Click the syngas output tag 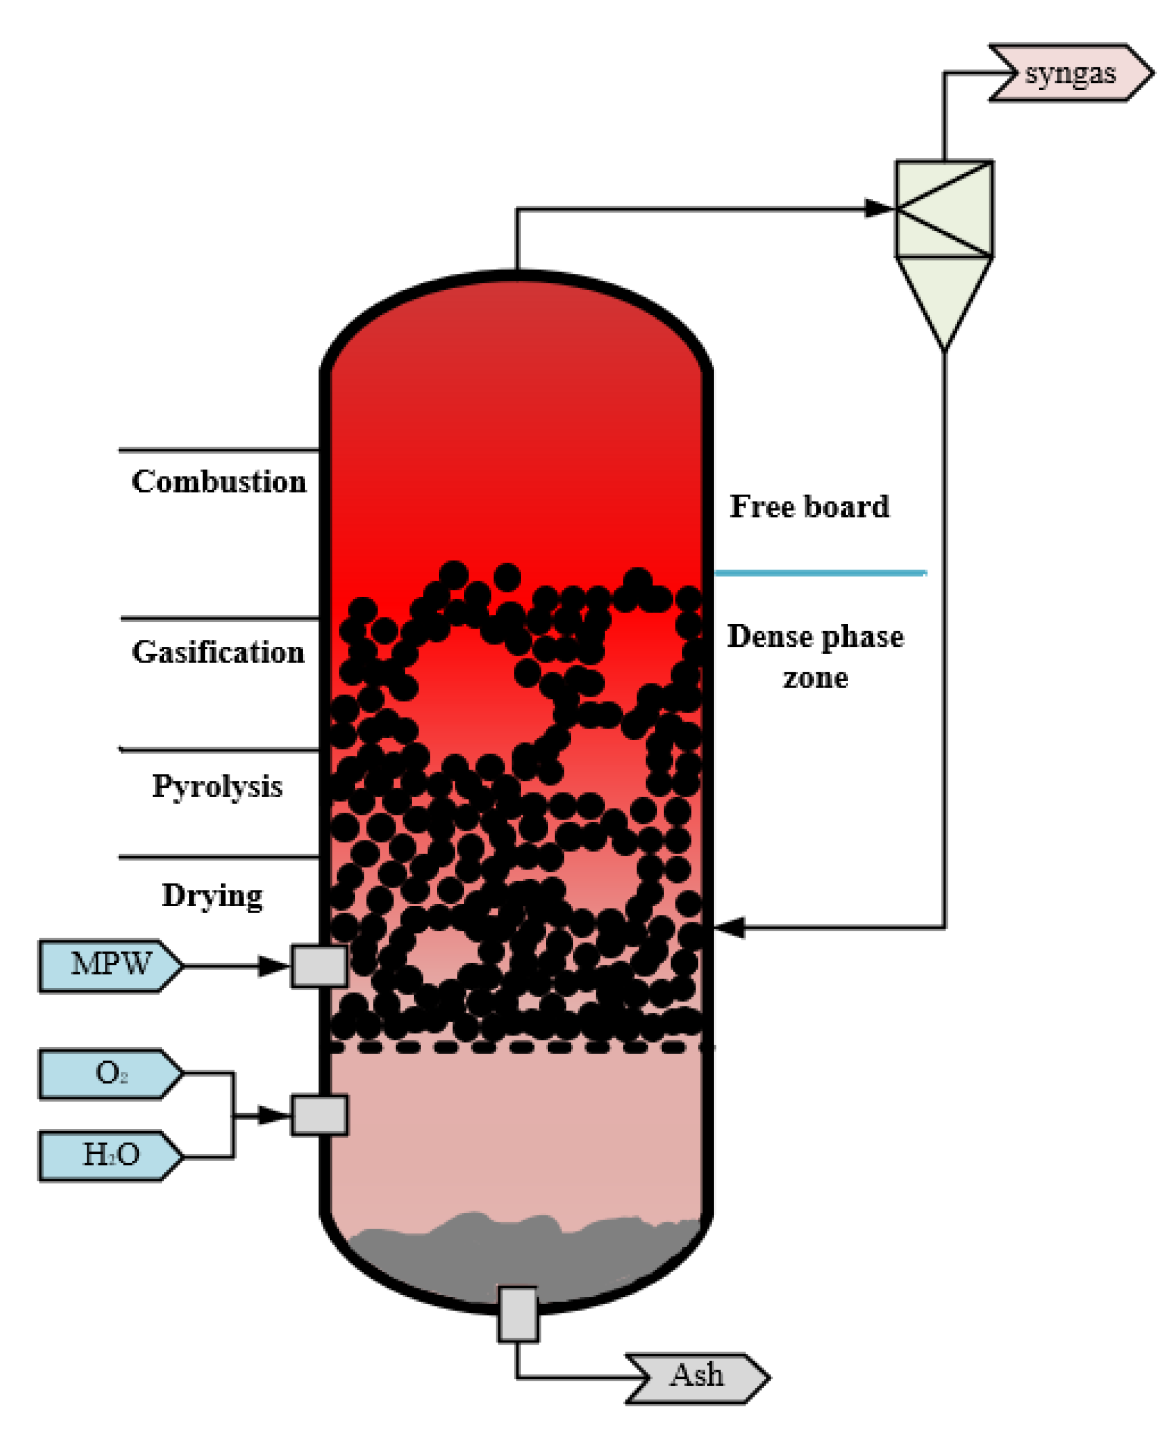(1070, 73)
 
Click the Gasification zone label (218, 652)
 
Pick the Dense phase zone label (816, 656)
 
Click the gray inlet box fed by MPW (320, 966)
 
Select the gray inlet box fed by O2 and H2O (320, 1116)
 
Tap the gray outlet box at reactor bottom (517, 1314)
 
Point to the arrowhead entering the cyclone (879, 208)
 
